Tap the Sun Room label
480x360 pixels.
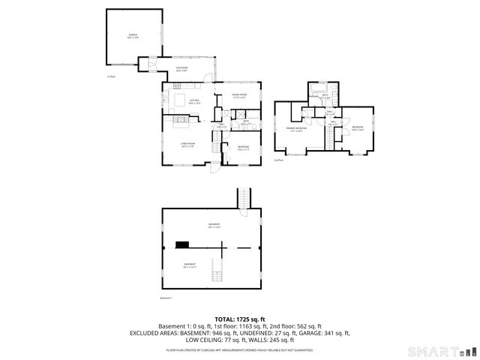click(x=181, y=70)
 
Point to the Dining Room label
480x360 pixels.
click(x=239, y=95)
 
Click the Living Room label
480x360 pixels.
click(x=187, y=145)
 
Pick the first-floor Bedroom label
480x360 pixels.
click(x=244, y=148)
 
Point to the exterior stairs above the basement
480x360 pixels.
click(x=243, y=199)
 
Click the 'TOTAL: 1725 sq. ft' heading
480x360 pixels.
click(x=239, y=319)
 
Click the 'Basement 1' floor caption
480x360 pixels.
click(x=166, y=298)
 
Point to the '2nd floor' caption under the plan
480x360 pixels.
click(x=278, y=160)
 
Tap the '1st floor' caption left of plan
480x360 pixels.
click(x=111, y=76)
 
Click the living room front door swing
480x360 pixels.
click(x=214, y=169)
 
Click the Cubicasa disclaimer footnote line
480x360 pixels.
click(x=239, y=349)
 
